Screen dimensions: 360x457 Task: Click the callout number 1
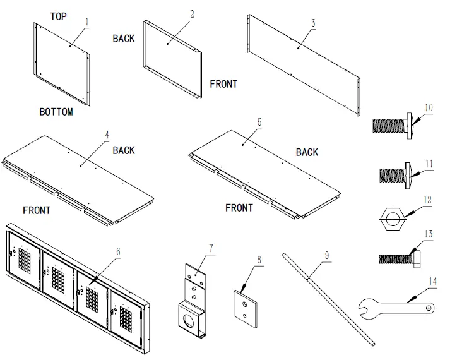(87, 21)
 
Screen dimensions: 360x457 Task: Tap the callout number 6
(117, 251)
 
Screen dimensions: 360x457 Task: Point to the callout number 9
(326, 255)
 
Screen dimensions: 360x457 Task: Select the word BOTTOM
(56, 112)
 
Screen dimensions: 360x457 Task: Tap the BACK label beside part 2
(124, 39)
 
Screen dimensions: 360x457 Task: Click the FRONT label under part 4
(37, 210)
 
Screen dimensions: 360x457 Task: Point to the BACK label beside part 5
(307, 152)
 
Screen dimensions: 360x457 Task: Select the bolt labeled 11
(395, 172)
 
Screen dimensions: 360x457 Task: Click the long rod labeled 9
(328, 297)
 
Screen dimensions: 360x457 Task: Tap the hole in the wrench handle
(429, 307)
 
